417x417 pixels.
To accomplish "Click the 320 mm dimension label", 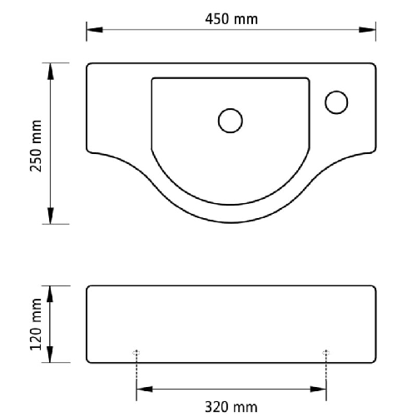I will tap(231, 407).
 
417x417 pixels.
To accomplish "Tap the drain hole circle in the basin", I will tap(231, 121).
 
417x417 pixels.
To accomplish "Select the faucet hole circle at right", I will tap(337, 102).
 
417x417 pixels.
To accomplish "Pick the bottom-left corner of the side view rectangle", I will tap(89, 360).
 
